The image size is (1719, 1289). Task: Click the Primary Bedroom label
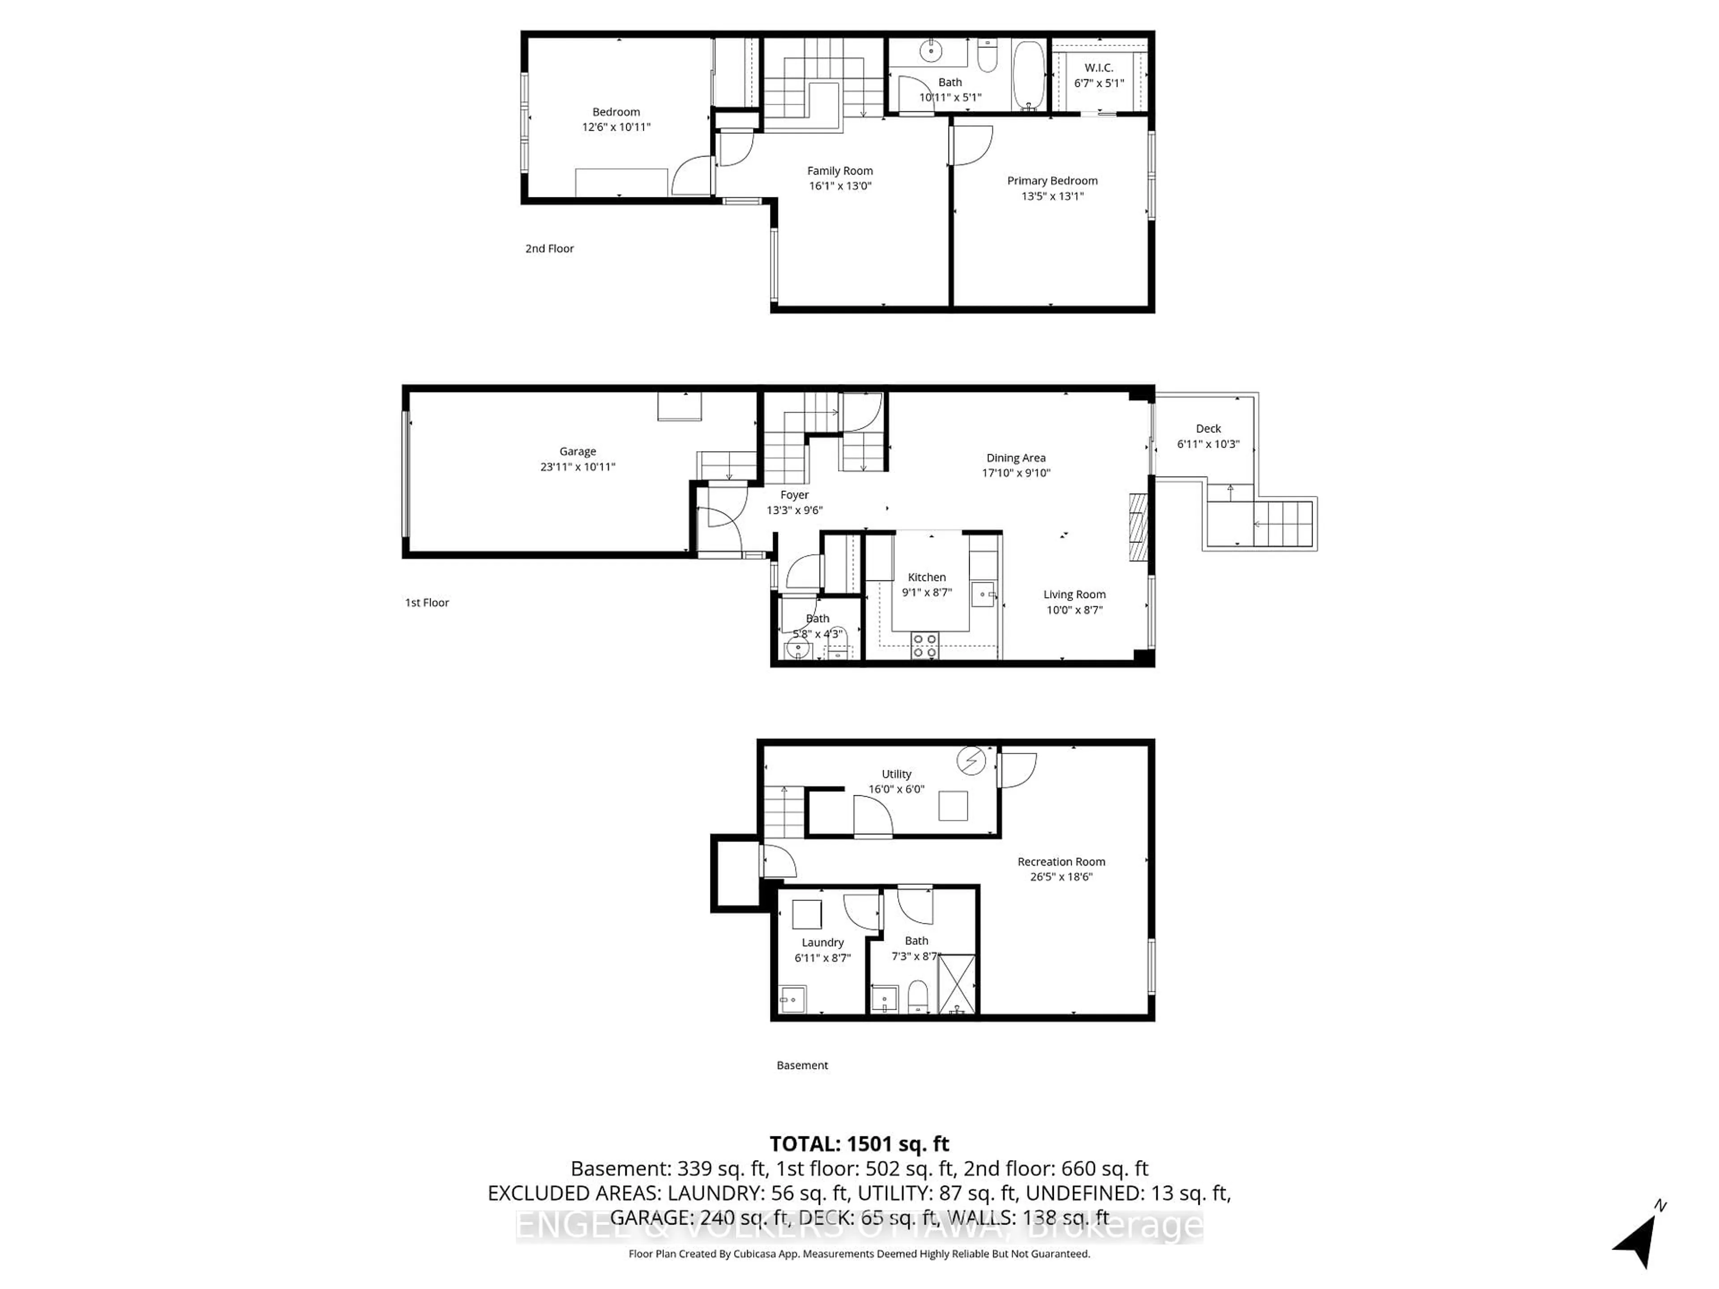[x=1052, y=181]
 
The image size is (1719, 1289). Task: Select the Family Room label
[x=839, y=171]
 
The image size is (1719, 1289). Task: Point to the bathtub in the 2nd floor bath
[x=1030, y=76]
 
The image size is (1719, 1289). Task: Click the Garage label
[x=577, y=452]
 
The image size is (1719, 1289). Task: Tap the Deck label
[x=1208, y=429]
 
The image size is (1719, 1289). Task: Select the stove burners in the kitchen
[x=925, y=646]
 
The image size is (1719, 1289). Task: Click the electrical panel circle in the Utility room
[x=971, y=761]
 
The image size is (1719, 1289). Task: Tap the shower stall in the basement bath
[x=957, y=984]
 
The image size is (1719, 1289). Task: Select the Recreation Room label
[x=1061, y=862]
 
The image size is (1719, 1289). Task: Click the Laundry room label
[x=822, y=943]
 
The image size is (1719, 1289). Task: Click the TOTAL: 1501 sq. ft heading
[x=859, y=1144]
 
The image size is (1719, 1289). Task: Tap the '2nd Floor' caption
[x=549, y=249]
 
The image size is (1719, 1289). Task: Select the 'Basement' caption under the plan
[x=802, y=1065]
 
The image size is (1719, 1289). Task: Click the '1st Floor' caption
[x=427, y=602]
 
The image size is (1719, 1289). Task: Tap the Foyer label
[x=794, y=495]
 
